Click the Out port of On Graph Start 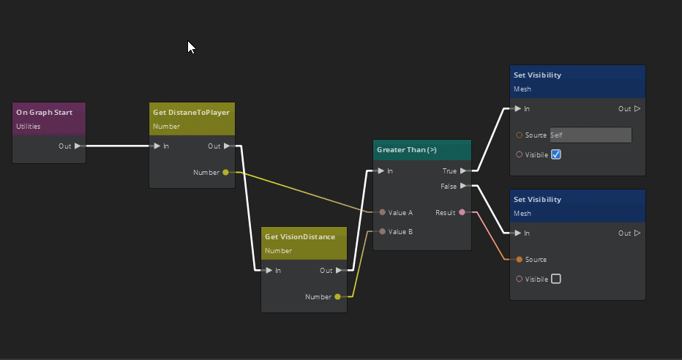click(78, 146)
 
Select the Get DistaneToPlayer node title click(191, 112)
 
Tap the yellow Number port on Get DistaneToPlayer click(225, 173)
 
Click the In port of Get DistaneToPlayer click(157, 146)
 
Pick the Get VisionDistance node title click(300, 236)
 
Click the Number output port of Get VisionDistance click(337, 297)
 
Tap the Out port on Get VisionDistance click(337, 270)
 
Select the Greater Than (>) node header click(407, 149)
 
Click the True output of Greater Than click(462, 170)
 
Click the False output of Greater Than click(462, 186)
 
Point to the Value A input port click(382, 212)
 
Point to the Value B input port click(382, 231)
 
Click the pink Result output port click(462, 212)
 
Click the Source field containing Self click(590, 135)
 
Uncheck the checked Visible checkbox click(555, 154)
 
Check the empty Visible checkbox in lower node click(555, 279)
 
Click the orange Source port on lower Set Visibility click(520, 259)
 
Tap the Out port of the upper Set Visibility click(637, 109)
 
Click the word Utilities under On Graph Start click(29, 127)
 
